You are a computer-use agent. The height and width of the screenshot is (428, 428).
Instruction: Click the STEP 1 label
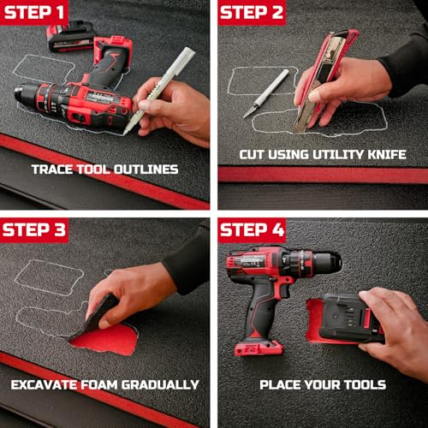coord(34,13)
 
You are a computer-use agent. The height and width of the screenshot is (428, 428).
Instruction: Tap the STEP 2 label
coord(252,13)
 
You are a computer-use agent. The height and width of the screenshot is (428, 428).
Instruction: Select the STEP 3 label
coord(34,230)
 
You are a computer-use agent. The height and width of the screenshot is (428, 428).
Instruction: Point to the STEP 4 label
coord(253,230)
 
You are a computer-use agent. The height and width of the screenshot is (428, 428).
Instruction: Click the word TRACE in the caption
coord(52,169)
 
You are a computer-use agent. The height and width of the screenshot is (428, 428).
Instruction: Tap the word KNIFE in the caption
coord(387,154)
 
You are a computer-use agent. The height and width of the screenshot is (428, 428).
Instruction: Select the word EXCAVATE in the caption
coord(45,384)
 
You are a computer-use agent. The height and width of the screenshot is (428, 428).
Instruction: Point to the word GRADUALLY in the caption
coord(160,384)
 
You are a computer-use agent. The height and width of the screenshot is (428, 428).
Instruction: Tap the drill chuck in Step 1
coord(25,95)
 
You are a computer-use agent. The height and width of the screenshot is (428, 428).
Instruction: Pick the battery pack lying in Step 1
coord(71,37)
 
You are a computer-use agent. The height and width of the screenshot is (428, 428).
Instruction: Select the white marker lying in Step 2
coord(266,93)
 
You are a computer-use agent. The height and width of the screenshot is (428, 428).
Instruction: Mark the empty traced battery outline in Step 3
coord(49,276)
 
